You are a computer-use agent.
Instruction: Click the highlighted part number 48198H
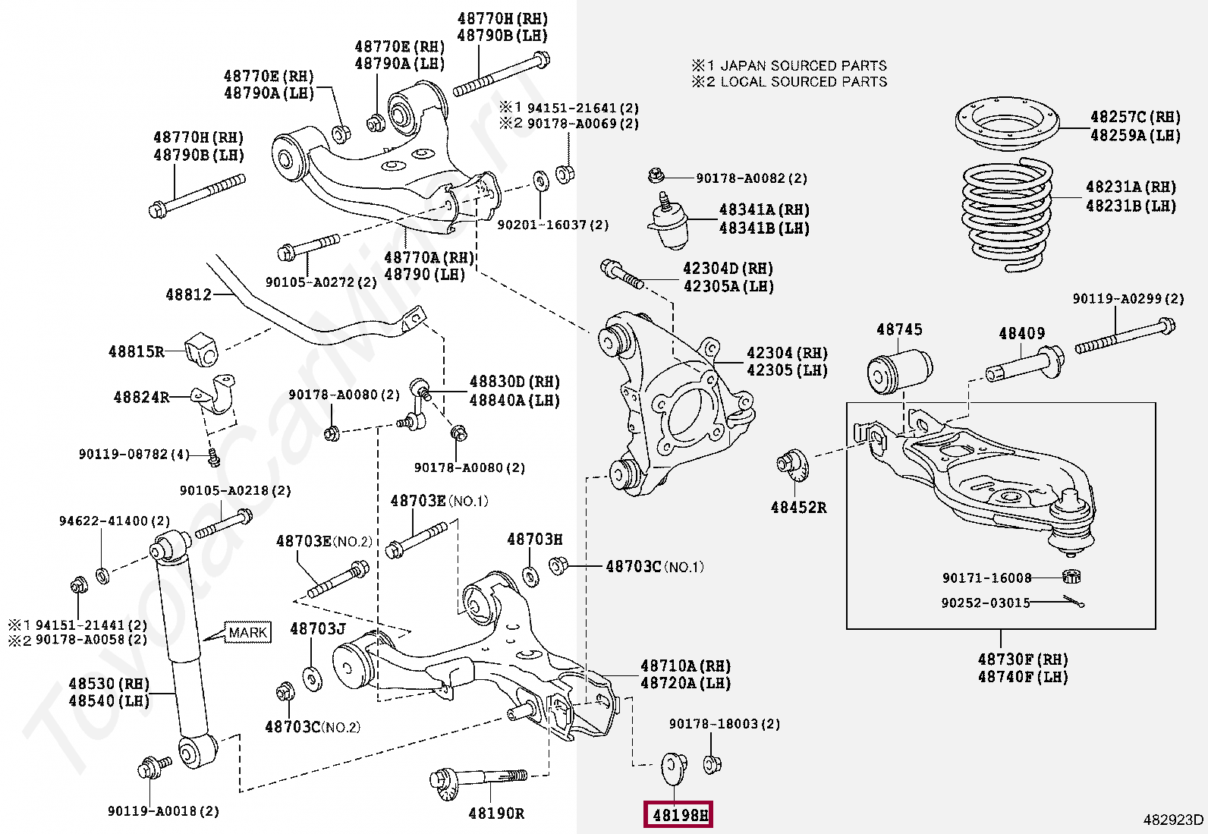(x=678, y=816)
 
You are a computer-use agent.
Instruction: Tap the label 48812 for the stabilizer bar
(x=189, y=294)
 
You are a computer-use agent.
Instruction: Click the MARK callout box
(x=248, y=632)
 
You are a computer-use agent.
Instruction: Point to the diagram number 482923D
(x=1173, y=820)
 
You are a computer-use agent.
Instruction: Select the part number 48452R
(x=798, y=507)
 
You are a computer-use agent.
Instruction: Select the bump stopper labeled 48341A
(x=668, y=223)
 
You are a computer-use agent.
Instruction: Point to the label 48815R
(x=137, y=351)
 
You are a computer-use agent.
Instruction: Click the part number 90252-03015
(x=986, y=603)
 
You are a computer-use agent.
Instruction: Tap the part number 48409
(x=1021, y=333)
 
